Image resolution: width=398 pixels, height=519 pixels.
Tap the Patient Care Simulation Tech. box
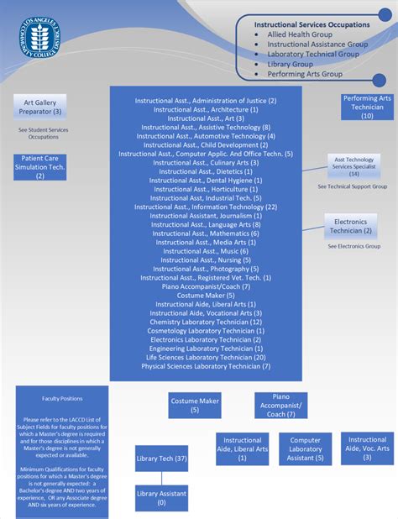point(39,167)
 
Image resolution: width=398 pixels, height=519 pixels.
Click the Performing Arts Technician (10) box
point(367,107)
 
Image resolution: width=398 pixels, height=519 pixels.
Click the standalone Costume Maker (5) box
point(194,406)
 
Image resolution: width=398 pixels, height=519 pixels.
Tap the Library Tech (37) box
point(162,460)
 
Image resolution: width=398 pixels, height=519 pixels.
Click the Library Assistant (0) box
point(162,498)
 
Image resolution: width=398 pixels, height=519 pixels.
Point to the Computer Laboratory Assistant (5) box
point(306,448)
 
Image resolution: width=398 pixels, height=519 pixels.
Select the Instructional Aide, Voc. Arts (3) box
point(367,448)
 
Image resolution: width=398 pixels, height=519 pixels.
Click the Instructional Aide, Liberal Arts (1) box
point(242,448)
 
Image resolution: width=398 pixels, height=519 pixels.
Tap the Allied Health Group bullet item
point(300,35)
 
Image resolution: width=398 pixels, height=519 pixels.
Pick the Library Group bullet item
point(290,64)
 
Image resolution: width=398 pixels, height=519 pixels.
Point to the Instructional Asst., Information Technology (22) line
point(206,207)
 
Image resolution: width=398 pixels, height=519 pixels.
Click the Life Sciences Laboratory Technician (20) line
point(206,357)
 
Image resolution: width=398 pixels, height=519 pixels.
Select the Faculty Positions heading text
point(62,399)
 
